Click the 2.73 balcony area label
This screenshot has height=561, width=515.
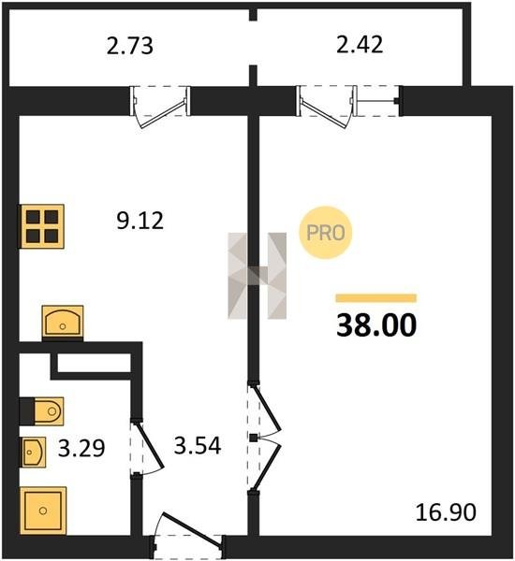(x=130, y=46)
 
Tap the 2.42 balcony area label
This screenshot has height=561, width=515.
(x=360, y=44)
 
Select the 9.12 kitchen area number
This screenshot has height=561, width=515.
(x=140, y=220)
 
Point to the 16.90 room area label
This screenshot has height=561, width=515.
(x=446, y=511)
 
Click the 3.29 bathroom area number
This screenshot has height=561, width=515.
(x=81, y=448)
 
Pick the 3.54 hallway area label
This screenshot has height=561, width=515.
(x=198, y=445)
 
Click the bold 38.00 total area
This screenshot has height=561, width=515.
(x=376, y=324)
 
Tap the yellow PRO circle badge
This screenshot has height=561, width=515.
(x=326, y=233)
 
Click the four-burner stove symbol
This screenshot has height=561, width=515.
(x=41, y=226)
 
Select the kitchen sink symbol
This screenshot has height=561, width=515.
(x=63, y=322)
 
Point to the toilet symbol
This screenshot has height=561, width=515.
(x=41, y=411)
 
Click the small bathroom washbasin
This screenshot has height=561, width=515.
(x=34, y=453)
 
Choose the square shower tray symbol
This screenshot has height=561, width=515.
(x=43, y=511)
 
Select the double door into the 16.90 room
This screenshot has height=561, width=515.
(x=266, y=438)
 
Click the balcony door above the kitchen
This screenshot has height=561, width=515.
(x=160, y=107)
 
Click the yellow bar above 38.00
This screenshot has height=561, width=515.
(x=376, y=298)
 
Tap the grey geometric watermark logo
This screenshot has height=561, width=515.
(x=257, y=276)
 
